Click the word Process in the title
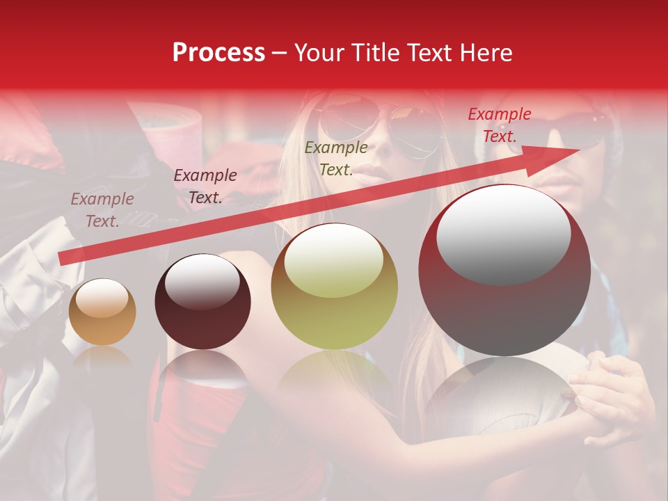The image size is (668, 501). pyautogui.click(x=218, y=53)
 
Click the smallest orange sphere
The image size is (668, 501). pyautogui.click(x=102, y=312)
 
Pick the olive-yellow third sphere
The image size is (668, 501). pyautogui.click(x=335, y=286)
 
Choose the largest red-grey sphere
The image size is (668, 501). pyautogui.click(x=504, y=271)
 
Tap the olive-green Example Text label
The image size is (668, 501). pyautogui.click(x=336, y=159)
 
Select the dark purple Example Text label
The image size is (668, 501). pyautogui.click(x=205, y=186)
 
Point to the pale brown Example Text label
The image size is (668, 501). pyautogui.click(x=102, y=210)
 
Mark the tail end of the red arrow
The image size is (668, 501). pyautogui.click(x=61, y=260)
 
